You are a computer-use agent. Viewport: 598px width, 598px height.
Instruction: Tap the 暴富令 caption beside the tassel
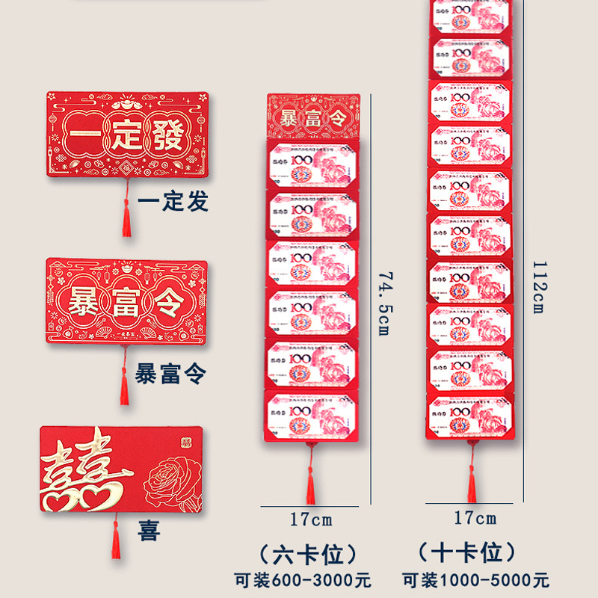pyautogui.click(x=170, y=372)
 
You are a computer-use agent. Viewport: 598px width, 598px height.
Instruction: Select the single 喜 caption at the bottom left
pyautogui.click(x=148, y=533)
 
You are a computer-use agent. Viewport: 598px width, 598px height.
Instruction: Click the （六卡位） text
pyautogui.click(x=311, y=555)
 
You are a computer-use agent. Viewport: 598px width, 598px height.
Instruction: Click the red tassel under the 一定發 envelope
pyautogui.click(x=126, y=217)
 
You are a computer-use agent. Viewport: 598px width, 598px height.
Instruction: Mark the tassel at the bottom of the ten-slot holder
pyautogui.click(x=472, y=478)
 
